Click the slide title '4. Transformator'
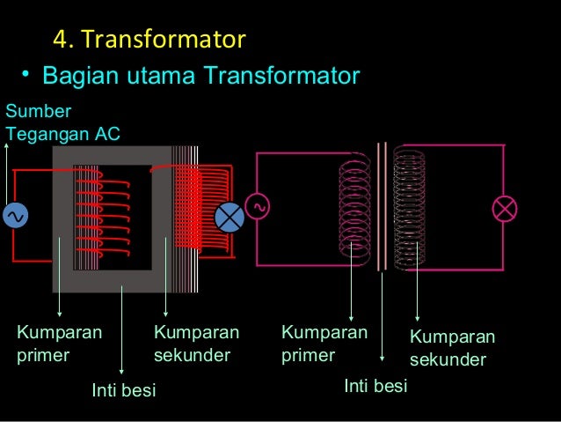pyautogui.click(x=149, y=40)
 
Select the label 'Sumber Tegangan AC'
pyautogui.click(x=62, y=122)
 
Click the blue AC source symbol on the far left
pyautogui.click(x=15, y=216)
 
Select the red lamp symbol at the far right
pyautogui.click(x=506, y=208)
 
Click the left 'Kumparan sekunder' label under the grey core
pyautogui.click(x=196, y=344)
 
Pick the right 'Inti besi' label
pyautogui.click(x=375, y=386)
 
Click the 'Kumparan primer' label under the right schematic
pyautogui.click(x=324, y=344)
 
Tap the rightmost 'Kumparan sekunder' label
pyautogui.click(x=452, y=349)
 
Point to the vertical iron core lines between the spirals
pyautogui.click(x=382, y=207)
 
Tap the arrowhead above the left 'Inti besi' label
pyautogui.click(x=121, y=370)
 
